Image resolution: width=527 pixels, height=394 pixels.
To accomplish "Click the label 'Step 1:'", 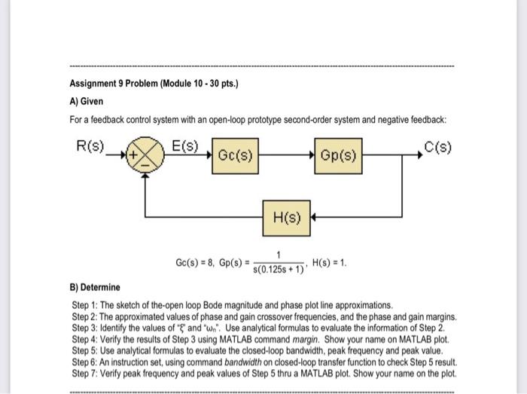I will pos(87,306).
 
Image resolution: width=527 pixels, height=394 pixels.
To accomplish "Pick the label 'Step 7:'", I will pos(87,372).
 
